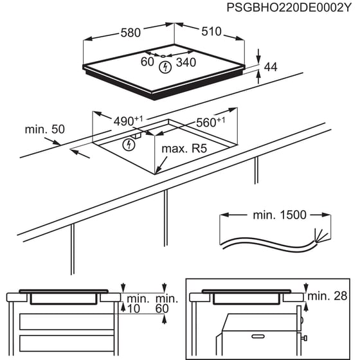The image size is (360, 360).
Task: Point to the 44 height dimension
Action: (x=270, y=66)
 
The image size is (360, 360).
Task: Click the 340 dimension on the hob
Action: (x=186, y=63)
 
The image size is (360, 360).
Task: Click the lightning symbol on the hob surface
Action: (x=166, y=66)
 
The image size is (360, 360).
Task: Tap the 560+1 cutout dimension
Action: (x=210, y=122)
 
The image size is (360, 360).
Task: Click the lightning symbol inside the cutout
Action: (x=129, y=144)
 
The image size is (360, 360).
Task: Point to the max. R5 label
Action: (x=184, y=149)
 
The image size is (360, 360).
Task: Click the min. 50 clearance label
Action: (x=45, y=129)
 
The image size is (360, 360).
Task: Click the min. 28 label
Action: (x=328, y=296)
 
